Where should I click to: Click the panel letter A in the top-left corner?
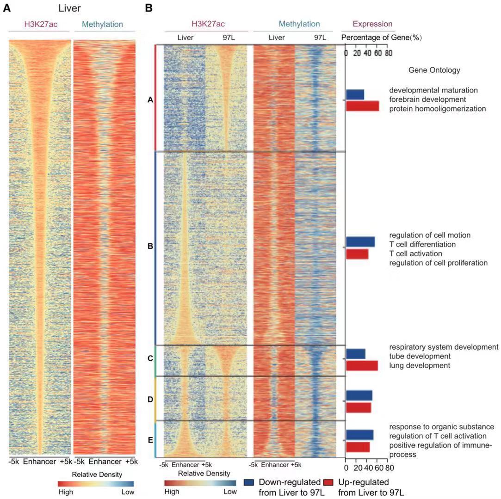click(x=7, y=8)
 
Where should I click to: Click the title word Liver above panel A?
click(x=69, y=8)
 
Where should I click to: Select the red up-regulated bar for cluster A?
click(x=362, y=106)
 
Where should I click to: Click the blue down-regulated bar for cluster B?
click(x=360, y=242)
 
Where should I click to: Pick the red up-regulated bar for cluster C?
click(x=362, y=365)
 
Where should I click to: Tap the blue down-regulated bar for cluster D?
click(x=359, y=395)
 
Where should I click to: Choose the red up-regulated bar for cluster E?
click(x=358, y=447)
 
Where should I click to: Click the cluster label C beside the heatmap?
click(x=150, y=358)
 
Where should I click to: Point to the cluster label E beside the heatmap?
click(x=150, y=440)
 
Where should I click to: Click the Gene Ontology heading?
click(x=434, y=70)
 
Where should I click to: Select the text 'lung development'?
click(x=420, y=365)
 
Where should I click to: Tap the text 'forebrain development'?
click(x=427, y=99)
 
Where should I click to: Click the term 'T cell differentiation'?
click(x=422, y=244)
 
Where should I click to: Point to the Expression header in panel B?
click(x=372, y=24)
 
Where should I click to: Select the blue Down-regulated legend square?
click(x=249, y=483)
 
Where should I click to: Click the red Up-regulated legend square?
click(x=328, y=483)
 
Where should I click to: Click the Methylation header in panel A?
click(x=102, y=24)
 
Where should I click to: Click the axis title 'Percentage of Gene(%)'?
click(x=381, y=37)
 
